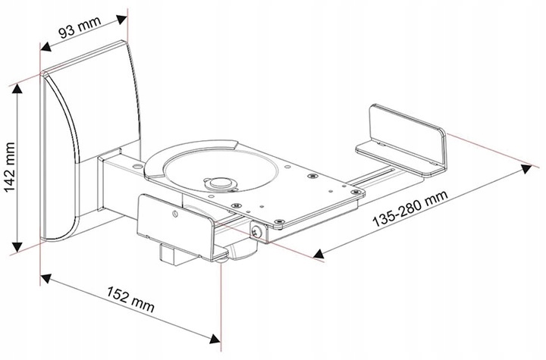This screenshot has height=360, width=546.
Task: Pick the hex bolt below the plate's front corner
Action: pos(259,233)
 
